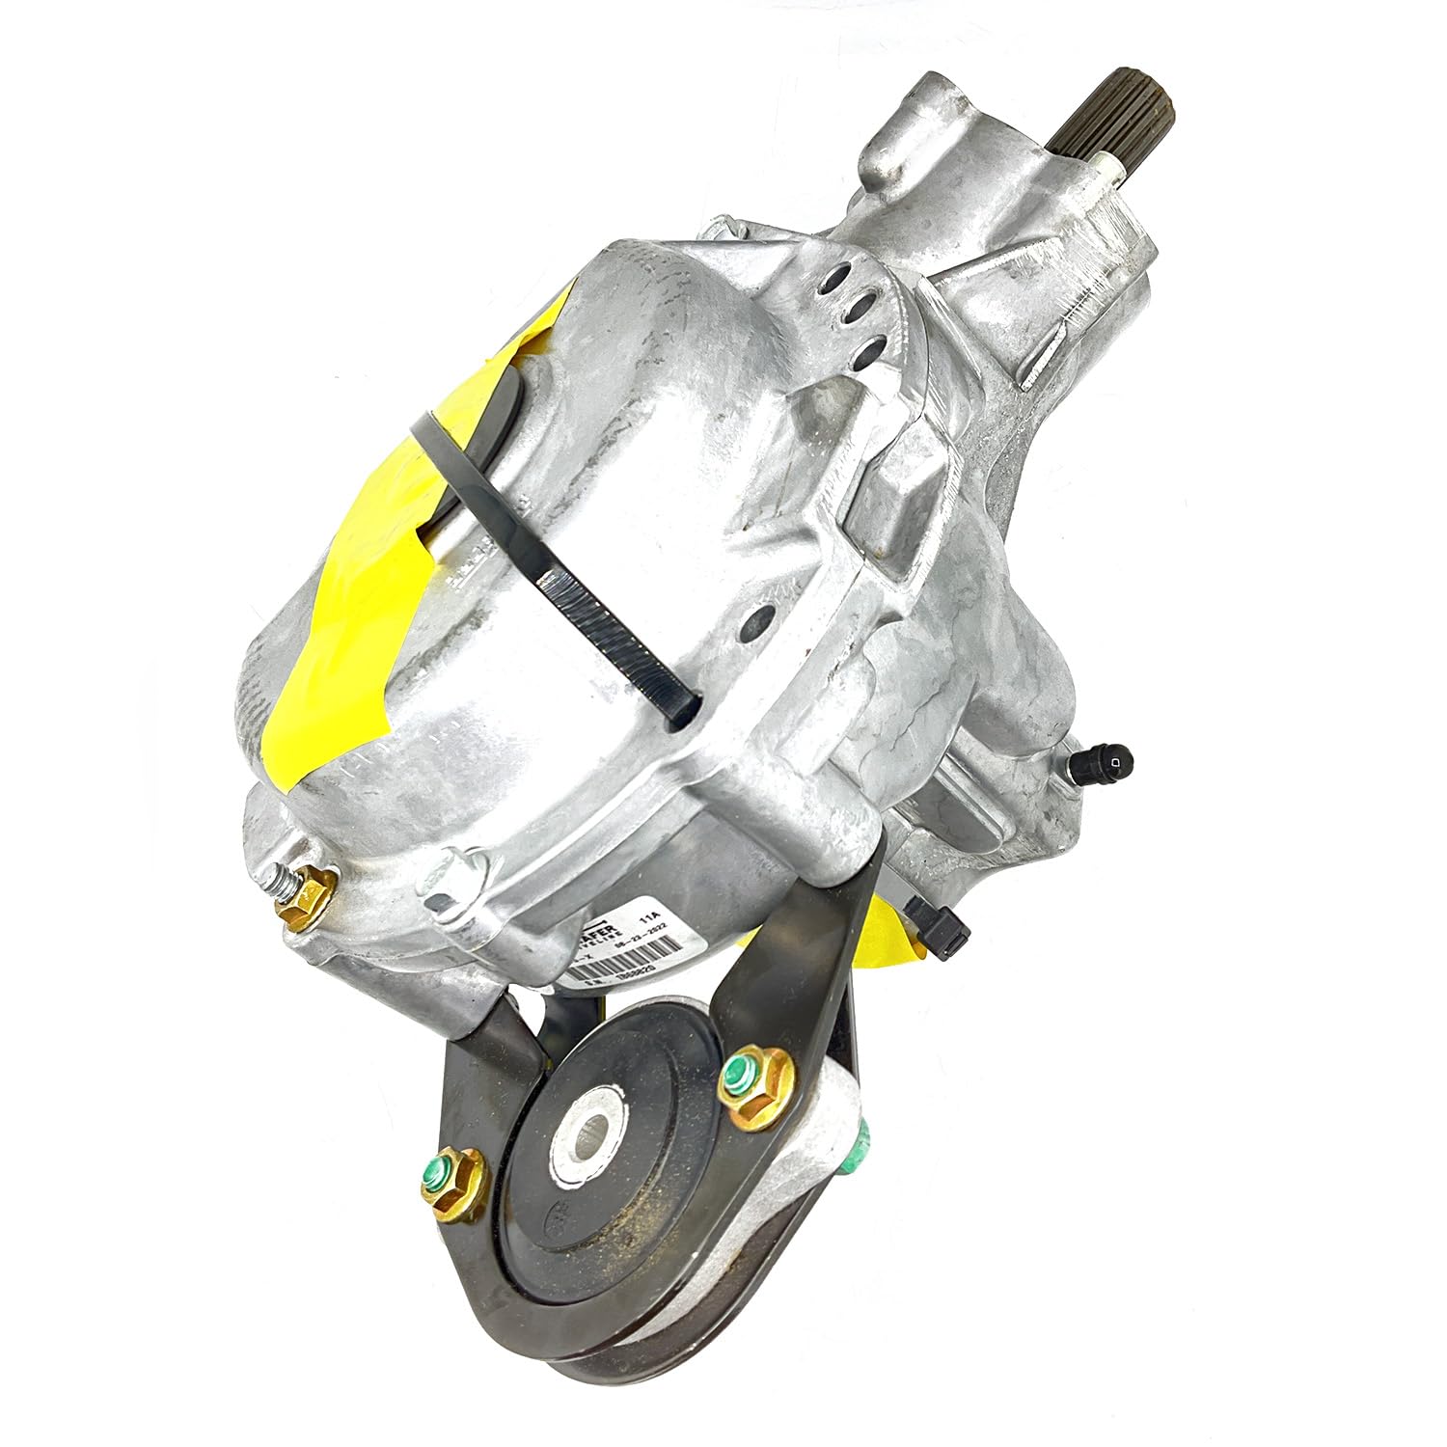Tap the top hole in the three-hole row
point(845,276)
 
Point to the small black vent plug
point(1108,763)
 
